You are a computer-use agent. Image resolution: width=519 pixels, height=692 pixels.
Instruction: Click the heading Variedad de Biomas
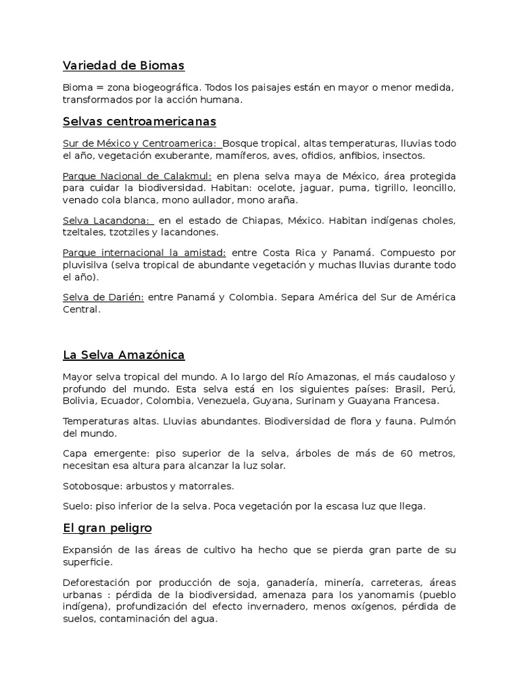(x=124, y=66)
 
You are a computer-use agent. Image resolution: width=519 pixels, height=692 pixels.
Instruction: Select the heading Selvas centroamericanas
(x=139, y=122)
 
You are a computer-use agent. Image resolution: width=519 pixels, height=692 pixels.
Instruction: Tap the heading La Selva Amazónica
(x=124, y=355)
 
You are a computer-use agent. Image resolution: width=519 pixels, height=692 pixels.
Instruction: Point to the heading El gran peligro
(x=107, y=528)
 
